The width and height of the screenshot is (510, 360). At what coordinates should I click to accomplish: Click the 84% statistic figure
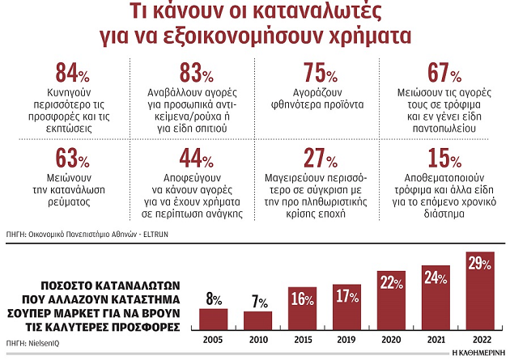pyautogui.click(x=72, y=74)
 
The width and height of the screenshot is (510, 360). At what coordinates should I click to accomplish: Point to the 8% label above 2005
pyautogui.click(x=215, y=299)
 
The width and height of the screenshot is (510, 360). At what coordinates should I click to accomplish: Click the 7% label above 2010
pyautogui.click(x=258, y=302)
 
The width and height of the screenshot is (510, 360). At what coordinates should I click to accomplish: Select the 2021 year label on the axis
pyautogui.click(x=436, y=341)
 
